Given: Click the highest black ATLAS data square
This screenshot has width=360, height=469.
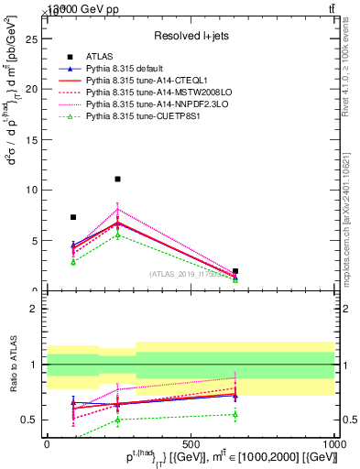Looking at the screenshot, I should click(117, 180).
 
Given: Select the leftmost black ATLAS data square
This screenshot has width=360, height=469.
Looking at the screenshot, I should click(73, 217).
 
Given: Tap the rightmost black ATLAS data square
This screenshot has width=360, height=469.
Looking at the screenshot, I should click(235, 271).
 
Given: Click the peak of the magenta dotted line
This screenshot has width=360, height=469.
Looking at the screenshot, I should click(117, 209).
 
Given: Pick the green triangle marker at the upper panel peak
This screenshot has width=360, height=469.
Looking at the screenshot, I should click(117, 235).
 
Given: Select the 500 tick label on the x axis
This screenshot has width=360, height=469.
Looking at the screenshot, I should click(191, 443).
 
